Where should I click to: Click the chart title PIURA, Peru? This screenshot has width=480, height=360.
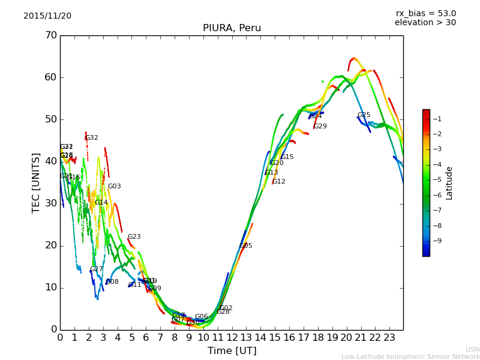click(x=232, y=28)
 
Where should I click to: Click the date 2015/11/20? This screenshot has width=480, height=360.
click(x=47, y=16)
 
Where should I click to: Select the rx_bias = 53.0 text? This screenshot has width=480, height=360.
click(x=426, y=13)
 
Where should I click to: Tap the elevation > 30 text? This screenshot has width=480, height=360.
click(x=425, y=23)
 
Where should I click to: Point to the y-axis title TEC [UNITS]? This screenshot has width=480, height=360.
click(x=36, y=182)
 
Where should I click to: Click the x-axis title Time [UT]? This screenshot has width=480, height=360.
click(x=232, y=351)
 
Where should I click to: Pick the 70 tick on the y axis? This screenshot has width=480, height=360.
click(x=50, y=35)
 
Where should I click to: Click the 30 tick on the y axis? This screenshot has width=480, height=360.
click(x=50, y=203)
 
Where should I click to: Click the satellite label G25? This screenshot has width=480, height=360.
click(x=364, y=115)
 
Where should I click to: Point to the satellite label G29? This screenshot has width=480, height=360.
click(x=320, y=127)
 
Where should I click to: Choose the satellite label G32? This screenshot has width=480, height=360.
click(x=92, y=138)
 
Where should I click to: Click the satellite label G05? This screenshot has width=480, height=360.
click(x=246, y=246)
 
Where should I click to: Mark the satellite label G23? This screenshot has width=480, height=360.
click(x=134, y=237)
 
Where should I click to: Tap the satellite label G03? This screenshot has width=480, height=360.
click(x=114, y=187)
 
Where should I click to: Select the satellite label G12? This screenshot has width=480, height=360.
click(x=278, y=182)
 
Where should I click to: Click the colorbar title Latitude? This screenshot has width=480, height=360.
click(x=449, y=182)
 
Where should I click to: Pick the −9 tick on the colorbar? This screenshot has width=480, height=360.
click(x=437, y=241)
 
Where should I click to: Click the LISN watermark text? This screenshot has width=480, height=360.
click(x=472, y=349)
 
